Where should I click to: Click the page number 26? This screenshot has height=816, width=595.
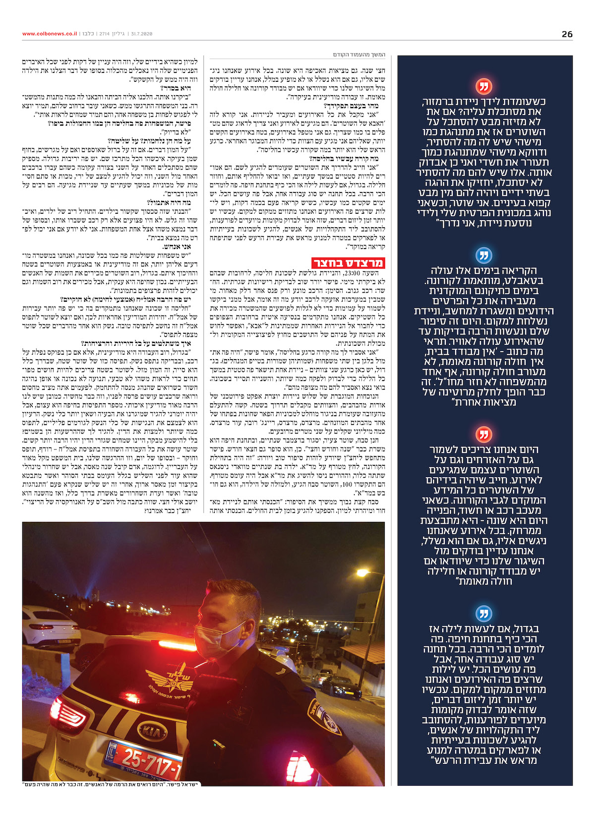(567, 34)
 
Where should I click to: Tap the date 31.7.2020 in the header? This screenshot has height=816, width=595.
(142, 34)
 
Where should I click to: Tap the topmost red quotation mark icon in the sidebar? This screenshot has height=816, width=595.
(483, 86)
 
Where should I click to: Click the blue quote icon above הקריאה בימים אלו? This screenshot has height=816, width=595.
(483, 255)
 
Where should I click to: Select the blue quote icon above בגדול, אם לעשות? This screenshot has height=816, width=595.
(483, 613)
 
